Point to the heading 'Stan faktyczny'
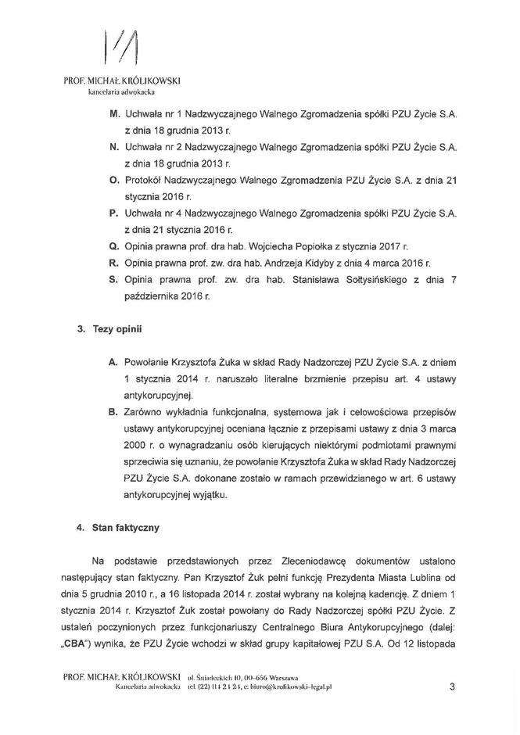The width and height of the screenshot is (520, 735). [126, 528]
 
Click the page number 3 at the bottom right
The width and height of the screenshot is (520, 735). [452, 687]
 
